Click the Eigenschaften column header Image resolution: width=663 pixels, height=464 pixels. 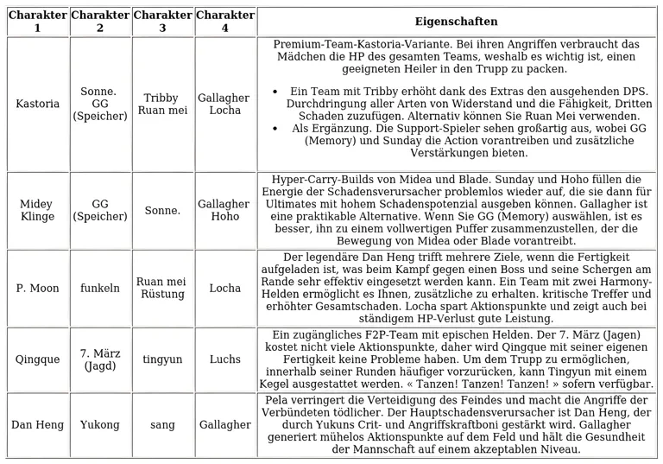[x=456, y=22]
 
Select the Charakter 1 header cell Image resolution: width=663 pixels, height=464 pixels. [x=37, y=22]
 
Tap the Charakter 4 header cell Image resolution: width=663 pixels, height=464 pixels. [x=225, y=22]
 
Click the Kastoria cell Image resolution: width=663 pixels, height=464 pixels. [x=38, y=104]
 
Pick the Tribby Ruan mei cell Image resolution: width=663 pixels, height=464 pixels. [x=162, y=104]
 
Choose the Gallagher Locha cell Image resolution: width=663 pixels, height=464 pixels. [x=225, y=104]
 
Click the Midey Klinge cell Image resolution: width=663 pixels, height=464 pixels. [x=37, y=211]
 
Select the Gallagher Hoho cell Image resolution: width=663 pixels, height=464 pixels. [x=225, y=211]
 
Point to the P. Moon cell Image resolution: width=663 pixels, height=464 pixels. [x=38, y=288]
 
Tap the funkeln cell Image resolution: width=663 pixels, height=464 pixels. [x=100, y=288]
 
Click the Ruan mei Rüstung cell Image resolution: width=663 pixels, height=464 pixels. [x=162, y=288]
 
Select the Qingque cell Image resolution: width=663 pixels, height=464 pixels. [x=38, y=359]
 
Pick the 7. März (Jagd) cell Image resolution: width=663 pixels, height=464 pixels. [x=100, y=359]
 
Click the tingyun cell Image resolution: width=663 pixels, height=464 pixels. [x=162, y=359]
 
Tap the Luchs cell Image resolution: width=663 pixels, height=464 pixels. [x=225, y=359]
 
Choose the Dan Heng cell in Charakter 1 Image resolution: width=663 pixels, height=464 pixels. [x=38, y=424]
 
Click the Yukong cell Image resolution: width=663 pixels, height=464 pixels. [x=100, y=424]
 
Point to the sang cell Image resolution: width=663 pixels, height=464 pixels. [x=162, y=424]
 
